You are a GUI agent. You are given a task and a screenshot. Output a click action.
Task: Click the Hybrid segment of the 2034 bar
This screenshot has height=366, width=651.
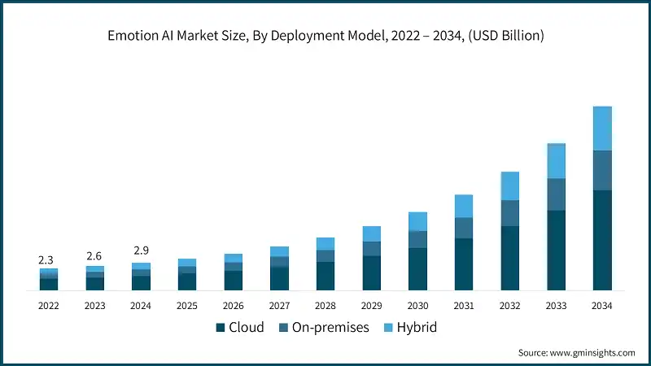601,129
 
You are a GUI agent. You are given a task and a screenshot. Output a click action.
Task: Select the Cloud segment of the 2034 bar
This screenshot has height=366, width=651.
601,240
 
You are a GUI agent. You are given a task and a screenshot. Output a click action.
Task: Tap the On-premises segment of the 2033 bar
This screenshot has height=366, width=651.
556,194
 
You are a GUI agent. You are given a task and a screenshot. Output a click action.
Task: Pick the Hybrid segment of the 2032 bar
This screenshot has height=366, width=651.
509,186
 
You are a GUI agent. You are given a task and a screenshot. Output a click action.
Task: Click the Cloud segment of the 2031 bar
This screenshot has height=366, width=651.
464,264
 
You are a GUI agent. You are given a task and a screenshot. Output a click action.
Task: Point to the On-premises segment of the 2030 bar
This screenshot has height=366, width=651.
417,239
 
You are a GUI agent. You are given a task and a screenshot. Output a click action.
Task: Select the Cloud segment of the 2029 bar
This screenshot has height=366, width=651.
372,273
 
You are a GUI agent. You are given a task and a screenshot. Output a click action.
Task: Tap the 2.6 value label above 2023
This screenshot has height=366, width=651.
95,256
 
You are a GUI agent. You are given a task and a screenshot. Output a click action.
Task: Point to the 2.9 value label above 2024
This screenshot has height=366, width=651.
141,251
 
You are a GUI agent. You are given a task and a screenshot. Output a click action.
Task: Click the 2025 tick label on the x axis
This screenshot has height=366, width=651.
187,306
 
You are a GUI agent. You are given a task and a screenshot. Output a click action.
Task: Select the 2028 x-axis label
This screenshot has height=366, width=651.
325,306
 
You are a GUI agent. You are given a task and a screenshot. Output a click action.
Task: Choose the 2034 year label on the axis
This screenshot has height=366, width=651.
601,306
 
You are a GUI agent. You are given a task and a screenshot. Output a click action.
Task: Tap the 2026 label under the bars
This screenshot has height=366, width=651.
234,306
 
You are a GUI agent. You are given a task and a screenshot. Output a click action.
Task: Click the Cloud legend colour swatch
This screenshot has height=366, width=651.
220,328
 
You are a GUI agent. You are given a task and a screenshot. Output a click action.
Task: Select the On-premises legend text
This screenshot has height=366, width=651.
330,328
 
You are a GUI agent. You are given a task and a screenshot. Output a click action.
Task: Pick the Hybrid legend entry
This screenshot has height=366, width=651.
417,328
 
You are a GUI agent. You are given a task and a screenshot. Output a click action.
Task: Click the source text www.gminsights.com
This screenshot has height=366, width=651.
594,353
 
